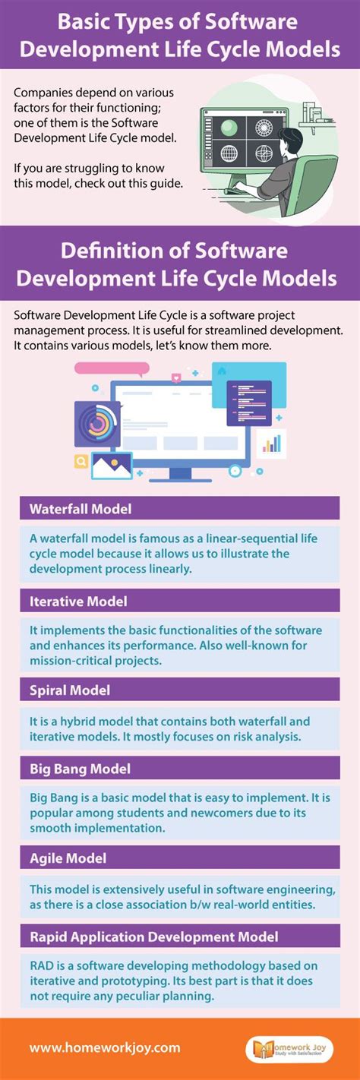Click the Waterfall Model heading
[81, 508]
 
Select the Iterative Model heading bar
[179, 601]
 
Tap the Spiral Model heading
[70, 690]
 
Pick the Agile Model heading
[68, 858]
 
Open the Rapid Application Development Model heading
[154, 936]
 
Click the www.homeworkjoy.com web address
[105, 1047]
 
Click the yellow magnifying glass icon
[81, 460]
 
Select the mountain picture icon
[111, 465]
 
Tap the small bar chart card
[271, 444]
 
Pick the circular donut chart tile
[96, 423]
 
